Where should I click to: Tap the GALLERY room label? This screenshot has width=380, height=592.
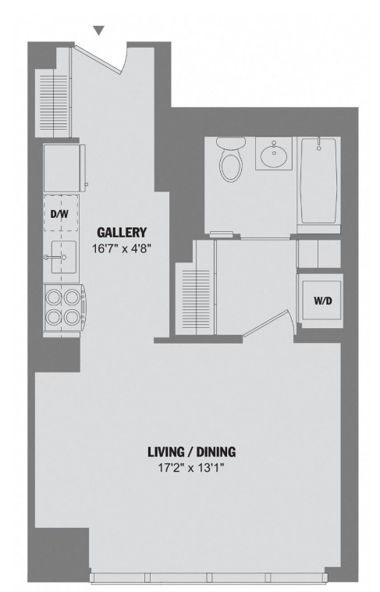coord(122,233)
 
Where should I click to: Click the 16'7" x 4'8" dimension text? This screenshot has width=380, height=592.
coord(122,249)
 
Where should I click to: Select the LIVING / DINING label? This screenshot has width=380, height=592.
coord(192,451)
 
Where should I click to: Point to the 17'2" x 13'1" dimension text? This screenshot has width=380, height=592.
coord(191,468)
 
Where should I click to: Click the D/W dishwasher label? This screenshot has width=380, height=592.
coord(59,215)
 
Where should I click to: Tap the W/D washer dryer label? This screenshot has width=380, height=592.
coord(322,301)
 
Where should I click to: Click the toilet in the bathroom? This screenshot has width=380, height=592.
coord(231,159)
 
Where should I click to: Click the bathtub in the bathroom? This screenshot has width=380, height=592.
coord(318,182)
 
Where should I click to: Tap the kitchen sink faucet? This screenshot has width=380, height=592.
coord(55,258)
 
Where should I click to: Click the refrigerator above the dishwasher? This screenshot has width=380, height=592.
coord(64,168)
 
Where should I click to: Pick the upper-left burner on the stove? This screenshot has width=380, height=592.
coord(53,298)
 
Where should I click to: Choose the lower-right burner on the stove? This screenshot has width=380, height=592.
coord(71,317)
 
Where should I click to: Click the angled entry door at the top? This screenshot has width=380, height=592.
coord(99,59)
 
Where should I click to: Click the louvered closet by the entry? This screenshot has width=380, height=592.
coord(55,105)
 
